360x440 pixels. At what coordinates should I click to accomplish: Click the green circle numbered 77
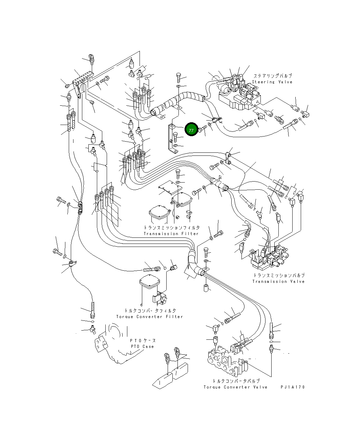coord(191,129)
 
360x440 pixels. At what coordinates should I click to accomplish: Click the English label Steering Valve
coord(272,82)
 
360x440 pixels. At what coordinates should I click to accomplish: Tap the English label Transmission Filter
coord(171,234)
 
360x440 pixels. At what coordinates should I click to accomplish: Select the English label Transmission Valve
coord(278,281)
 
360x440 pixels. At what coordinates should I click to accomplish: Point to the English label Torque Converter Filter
coord(150,317)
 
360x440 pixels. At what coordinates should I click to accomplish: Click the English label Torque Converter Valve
coord(235,387)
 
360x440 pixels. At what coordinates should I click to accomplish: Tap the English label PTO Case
coord(142,346)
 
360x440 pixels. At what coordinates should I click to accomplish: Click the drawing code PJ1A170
coord(293,387)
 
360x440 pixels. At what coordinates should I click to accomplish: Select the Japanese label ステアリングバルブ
coord(273,76)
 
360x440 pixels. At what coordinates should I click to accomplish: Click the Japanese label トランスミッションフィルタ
coord(172,227)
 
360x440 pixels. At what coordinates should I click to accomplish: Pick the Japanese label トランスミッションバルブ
coord(279,275)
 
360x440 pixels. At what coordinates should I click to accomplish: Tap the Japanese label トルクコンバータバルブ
coord(236,381)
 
